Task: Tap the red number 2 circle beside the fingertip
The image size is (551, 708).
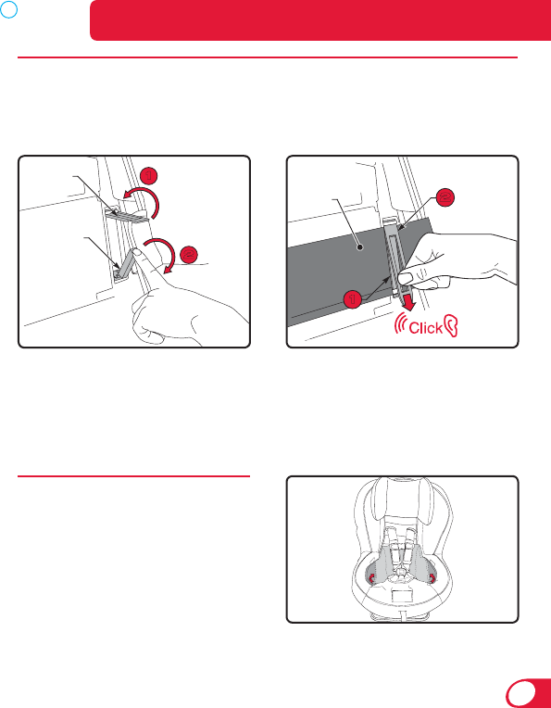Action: point(190,255)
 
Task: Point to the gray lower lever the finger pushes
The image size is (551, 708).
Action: point(125,263)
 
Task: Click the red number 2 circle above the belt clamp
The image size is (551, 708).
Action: point(445,197)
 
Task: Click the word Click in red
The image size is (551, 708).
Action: point(425,327)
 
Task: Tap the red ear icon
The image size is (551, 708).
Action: point(451,326)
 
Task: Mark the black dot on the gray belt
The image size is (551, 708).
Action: point(359,247)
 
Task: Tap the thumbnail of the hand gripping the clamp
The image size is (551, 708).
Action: point(407,278)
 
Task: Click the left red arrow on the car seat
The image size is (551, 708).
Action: point(372,577)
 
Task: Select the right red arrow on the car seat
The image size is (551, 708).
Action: point(432,577)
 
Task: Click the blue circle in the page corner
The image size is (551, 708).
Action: point(8,8)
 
